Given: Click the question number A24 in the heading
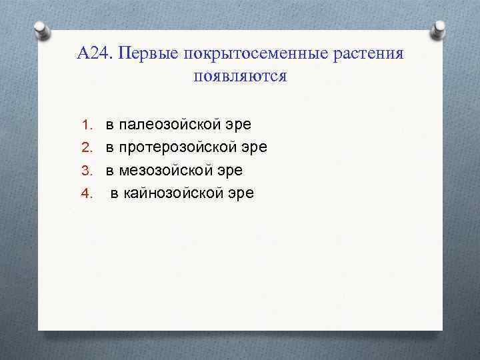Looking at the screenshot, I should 94,53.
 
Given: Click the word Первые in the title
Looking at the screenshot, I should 146,53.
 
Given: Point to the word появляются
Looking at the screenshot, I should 240,76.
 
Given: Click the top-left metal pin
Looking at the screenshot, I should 41,30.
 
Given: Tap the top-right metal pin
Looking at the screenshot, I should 439,30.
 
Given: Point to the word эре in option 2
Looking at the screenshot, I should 255,147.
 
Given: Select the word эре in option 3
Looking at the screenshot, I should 230,171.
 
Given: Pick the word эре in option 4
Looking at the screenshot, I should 241,194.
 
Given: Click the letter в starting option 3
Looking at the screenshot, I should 109,171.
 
